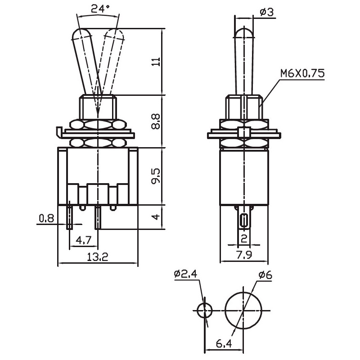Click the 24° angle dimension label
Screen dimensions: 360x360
(x=100, y=9)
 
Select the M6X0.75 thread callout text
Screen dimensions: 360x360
(x=302, y=73)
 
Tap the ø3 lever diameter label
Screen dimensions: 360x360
(x=267, y=12)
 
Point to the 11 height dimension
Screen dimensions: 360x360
(x=156, y=62)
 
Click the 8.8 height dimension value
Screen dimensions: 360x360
(x=156, y=121)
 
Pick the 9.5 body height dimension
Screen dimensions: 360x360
(x=156, y=176)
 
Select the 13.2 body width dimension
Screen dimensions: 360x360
(x=98, y=256)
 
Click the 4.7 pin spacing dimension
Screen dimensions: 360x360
(x=84, y=240)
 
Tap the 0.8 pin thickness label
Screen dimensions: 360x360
(x=46, y=218)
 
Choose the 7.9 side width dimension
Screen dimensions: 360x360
(x=244, y=255)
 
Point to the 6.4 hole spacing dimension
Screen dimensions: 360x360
(x=224, y=343)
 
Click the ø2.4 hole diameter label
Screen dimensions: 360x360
(x=185, y=274)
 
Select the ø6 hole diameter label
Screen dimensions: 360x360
(x=265, y=274)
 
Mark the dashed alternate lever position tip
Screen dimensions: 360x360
(x=115, y=30)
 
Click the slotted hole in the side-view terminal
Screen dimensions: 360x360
(x=244, y=221)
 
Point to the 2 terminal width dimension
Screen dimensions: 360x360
(x=244, y=239)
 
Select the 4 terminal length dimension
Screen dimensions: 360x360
(x=156, y=217)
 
